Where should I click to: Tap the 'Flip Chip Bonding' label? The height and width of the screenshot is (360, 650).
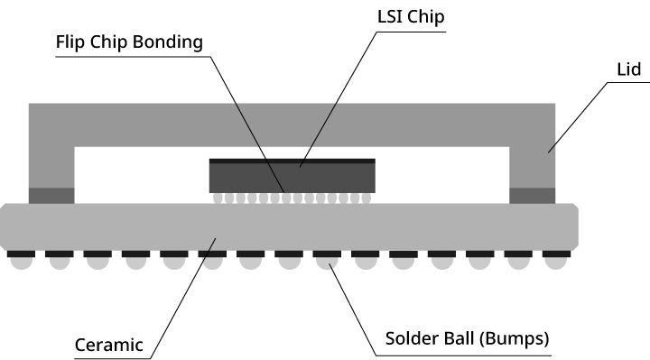[x=129, y=42]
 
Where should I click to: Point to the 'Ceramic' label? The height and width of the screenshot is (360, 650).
[x=110, y=344]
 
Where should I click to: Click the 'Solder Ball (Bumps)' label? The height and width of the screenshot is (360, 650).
[x=467, y=340]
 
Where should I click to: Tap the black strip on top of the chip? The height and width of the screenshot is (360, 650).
[x=292, y=162]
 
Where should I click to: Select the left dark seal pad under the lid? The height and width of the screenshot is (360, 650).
[x=51, y=195]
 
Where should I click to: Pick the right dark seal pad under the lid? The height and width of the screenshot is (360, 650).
[x=533, y=195]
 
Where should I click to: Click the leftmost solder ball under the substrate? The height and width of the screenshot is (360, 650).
[x=21, y=263]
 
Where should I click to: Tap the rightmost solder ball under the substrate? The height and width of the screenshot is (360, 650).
[x=559, y=263]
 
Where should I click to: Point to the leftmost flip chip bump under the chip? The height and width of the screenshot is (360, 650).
[x=217, y=198]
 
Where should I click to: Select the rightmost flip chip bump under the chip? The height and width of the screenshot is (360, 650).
[x=366, y=198]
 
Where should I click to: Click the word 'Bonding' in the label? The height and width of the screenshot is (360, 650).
[x=172, y=42]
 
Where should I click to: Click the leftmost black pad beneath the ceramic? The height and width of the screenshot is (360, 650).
[x=21, y=254]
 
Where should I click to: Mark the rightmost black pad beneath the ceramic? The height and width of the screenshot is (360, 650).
[x=559, y=254]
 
